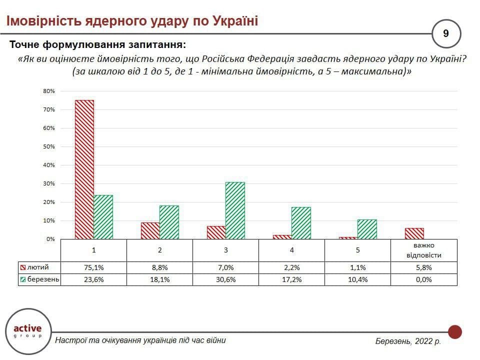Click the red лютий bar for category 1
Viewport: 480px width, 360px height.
point(84,169)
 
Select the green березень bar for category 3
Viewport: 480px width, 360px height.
point(235,210)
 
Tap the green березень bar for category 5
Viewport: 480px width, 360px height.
point(367,229)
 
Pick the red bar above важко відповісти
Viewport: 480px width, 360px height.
point(414,233)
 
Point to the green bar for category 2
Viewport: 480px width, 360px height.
point(169,222)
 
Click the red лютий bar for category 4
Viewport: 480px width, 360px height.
point(282,236)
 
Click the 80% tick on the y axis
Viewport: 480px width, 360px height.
point(48,91)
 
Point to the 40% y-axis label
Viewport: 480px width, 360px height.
point(48,165)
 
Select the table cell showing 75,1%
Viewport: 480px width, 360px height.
point(94,267)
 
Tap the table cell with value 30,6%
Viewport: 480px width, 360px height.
point(226,279)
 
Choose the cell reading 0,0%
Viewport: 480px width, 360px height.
point(424,279)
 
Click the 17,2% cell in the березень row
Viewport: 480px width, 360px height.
point(292,279)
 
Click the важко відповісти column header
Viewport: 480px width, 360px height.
point(424,249)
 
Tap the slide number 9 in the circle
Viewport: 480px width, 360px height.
point(446,33)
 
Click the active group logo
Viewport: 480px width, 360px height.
point(27,330)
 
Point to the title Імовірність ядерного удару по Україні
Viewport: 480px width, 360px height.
point(132,20)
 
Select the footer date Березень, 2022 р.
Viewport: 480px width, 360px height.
point(408,341)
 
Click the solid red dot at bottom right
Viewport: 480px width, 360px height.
point(454,331)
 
